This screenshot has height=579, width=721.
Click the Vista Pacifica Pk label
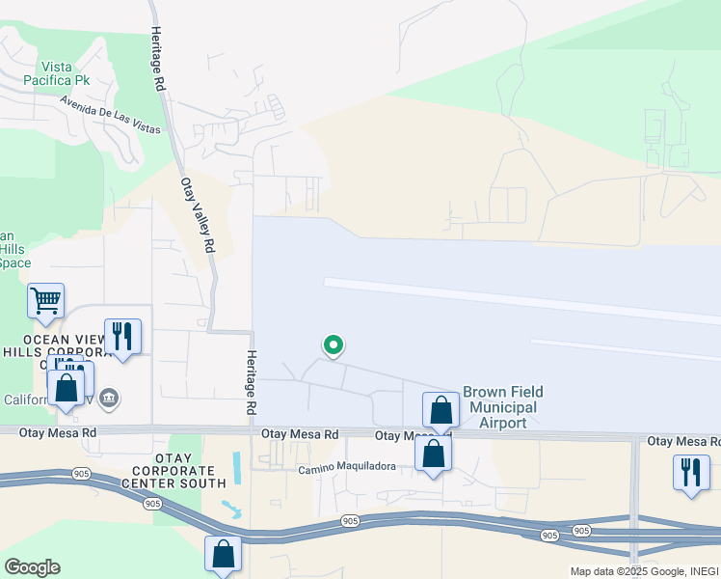[x=62, y=74]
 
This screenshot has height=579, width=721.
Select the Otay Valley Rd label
[x=197, y=214]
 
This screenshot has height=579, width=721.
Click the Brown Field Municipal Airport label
[x=502, y=407]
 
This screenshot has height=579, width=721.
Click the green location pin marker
[x=333, y=345]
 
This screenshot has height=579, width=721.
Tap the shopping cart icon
[x=45, y=301]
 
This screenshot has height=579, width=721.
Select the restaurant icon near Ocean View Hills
[x=122, y=337]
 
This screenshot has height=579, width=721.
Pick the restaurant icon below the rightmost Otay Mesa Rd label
[x=690, y=474]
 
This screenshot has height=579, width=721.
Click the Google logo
[x=32, y=566]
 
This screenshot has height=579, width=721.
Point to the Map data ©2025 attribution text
[x=640, y=571]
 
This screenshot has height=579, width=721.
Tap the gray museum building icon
[x=108, y=398]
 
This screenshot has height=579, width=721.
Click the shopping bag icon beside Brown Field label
[x=441, y=409]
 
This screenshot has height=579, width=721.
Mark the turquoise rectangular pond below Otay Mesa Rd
[x=236, y=468]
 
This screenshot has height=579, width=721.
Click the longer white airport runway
[x=521, y=298]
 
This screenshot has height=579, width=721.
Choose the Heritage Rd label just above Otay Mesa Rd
[x=251, y=383]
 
